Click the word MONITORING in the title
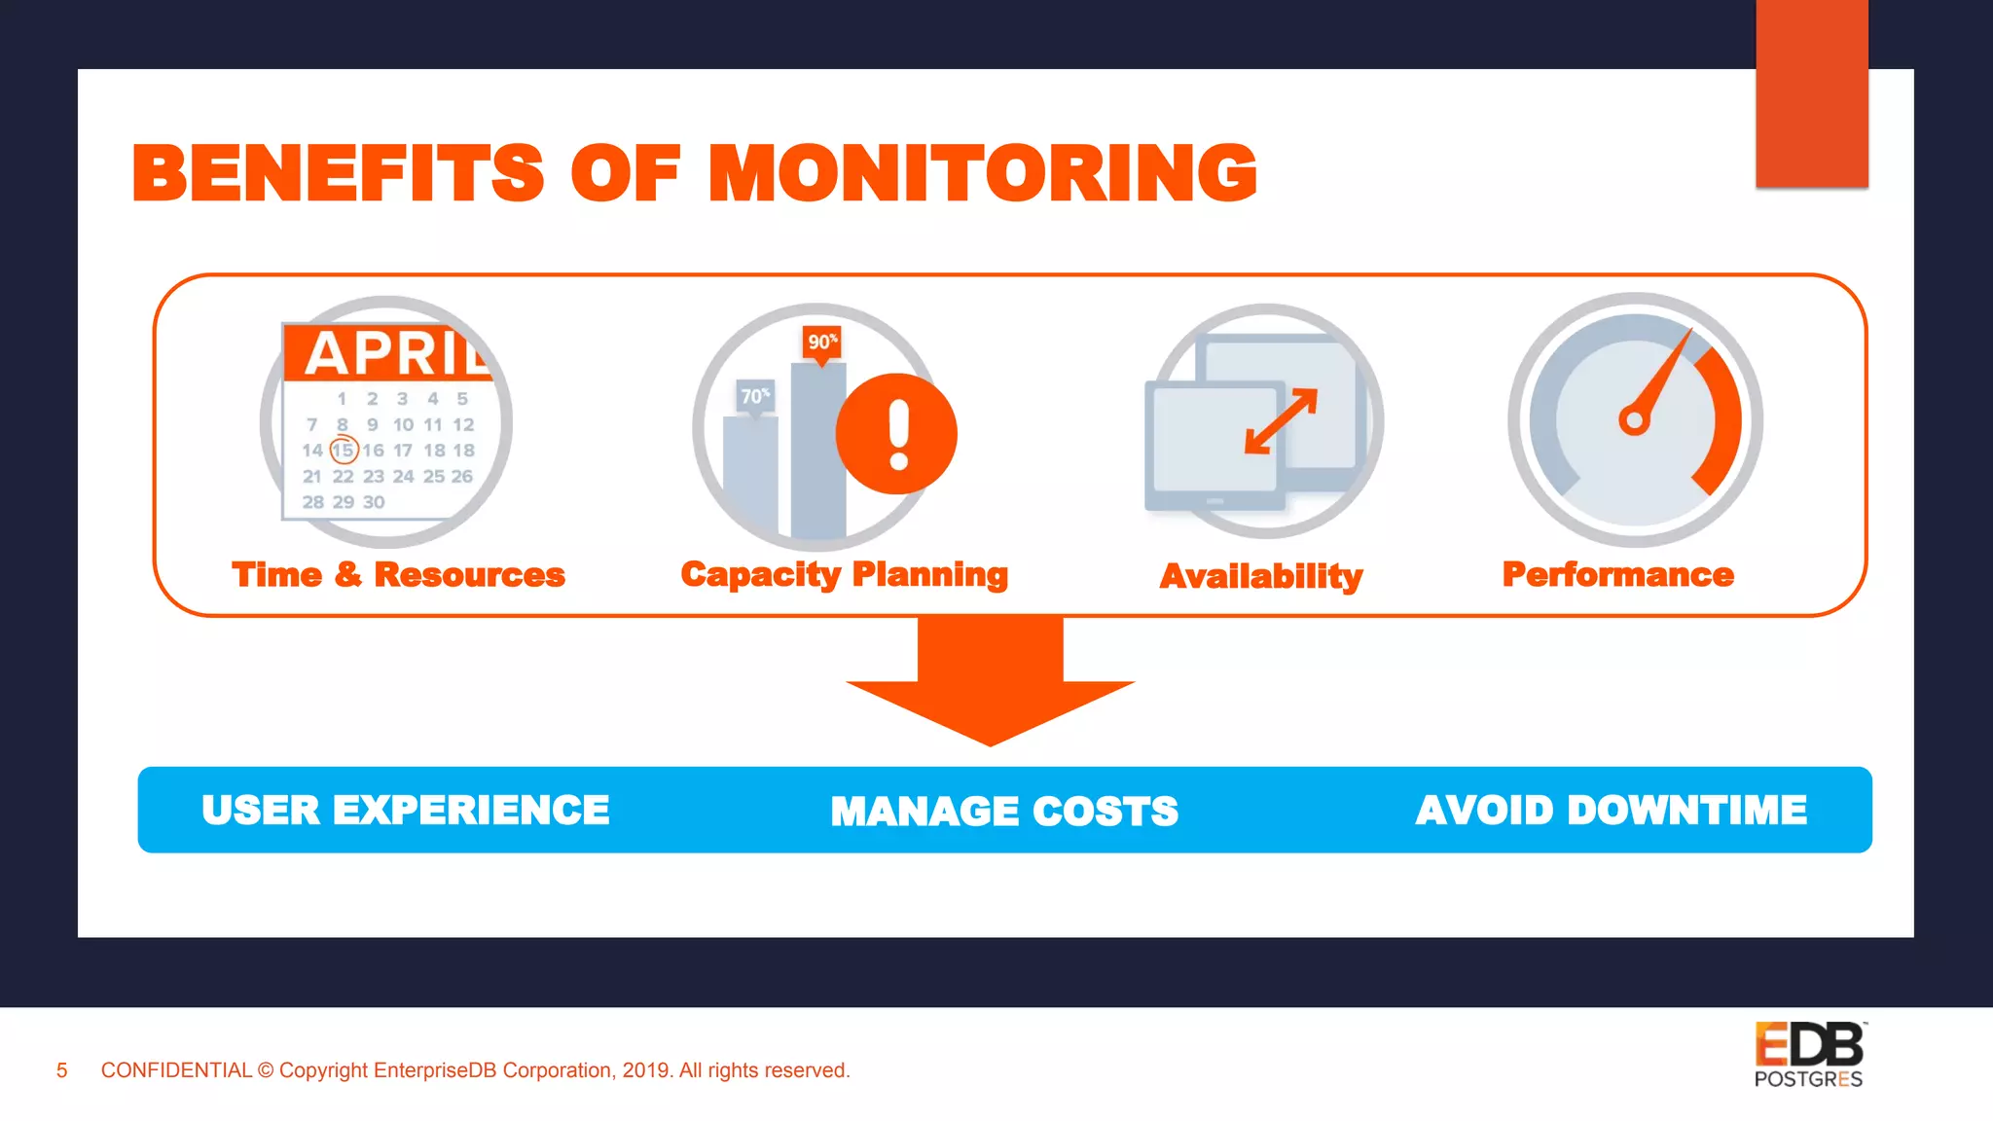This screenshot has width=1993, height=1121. [983, 173]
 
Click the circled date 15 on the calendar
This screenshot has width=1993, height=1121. [344, 451]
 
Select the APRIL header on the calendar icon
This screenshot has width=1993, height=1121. [395, 352]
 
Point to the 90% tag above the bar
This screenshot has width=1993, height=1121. [822, 342]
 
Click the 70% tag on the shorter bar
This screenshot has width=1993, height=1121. [755, 396]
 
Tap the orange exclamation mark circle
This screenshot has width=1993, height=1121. [897, 433]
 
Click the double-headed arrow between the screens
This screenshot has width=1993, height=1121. [1281, 421]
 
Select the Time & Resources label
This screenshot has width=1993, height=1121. [398, 575]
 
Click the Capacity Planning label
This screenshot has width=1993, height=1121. [844, 575]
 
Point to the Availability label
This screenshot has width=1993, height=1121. [1261, 577]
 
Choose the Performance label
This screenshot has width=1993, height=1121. [1617, 575]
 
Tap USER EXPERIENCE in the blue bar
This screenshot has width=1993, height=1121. [406, 811]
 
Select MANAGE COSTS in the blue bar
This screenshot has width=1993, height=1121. [1004, 812]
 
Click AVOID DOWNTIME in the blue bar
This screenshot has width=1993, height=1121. [1611, 811]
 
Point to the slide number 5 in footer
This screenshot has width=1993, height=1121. [62, 1070]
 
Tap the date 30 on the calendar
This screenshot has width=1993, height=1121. [374, 502]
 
